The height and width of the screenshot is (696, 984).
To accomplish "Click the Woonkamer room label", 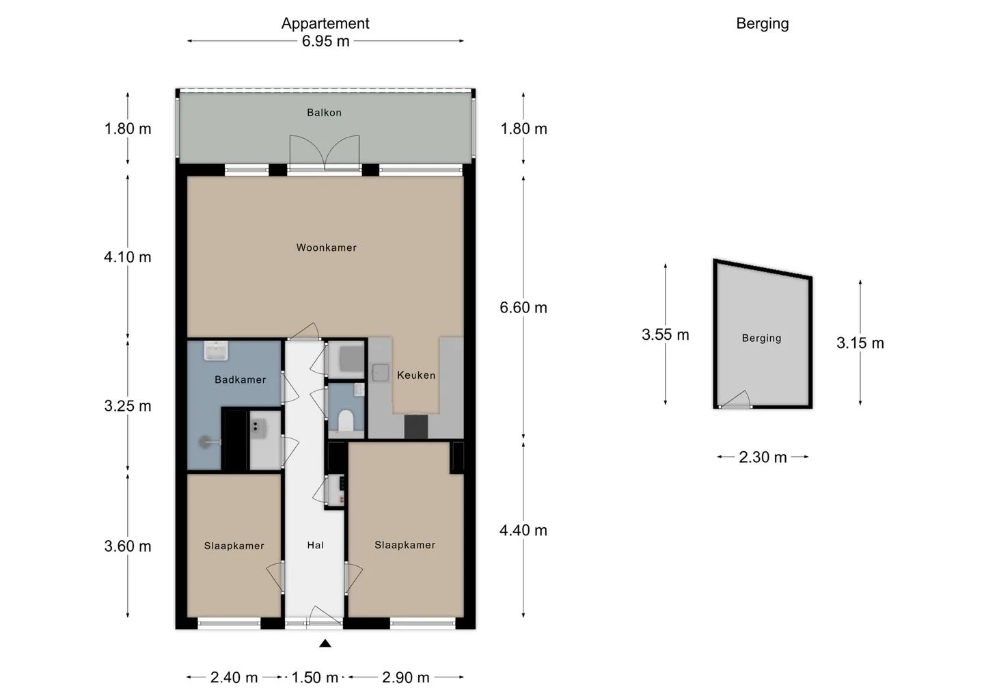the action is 326,247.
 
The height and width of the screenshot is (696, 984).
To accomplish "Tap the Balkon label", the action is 324,113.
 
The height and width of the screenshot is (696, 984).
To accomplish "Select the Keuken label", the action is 416,375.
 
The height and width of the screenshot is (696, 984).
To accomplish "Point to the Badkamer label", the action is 241,379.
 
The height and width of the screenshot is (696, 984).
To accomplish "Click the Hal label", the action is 316,546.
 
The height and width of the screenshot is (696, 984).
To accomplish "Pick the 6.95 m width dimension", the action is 325,41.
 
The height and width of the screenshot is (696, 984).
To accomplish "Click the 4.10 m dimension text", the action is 127,257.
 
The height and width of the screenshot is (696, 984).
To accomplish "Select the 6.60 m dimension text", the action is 523,308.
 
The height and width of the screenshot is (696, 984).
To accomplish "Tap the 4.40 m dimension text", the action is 523,531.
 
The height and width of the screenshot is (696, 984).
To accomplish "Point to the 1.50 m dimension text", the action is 314,677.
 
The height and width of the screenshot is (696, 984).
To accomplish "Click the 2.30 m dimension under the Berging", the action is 763,457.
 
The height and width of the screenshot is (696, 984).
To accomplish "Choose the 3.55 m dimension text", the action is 665,335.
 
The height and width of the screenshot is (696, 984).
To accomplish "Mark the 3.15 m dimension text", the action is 860,343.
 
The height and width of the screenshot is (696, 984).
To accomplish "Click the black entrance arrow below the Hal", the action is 325,644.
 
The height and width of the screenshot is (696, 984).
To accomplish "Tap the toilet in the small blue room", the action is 346,420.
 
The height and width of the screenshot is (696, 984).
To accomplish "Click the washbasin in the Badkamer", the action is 216,351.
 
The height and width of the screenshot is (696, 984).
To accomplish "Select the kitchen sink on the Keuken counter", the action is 380,373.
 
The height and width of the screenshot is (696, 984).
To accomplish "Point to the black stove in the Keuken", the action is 415,426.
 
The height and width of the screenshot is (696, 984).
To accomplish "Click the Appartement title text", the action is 325,23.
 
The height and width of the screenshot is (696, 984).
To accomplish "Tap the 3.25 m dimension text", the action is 127,406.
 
